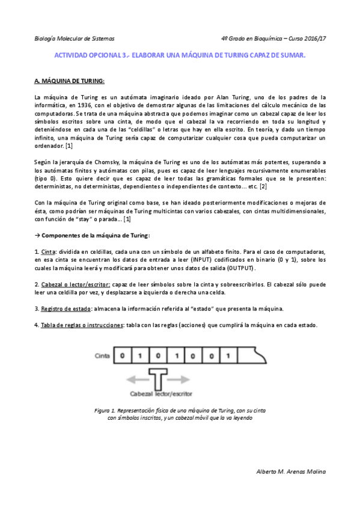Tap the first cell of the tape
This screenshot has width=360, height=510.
(x=123, y=355)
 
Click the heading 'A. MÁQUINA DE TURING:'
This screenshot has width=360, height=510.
(x=70, y=81)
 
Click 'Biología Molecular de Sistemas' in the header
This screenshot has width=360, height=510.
(x=74, y=37)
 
